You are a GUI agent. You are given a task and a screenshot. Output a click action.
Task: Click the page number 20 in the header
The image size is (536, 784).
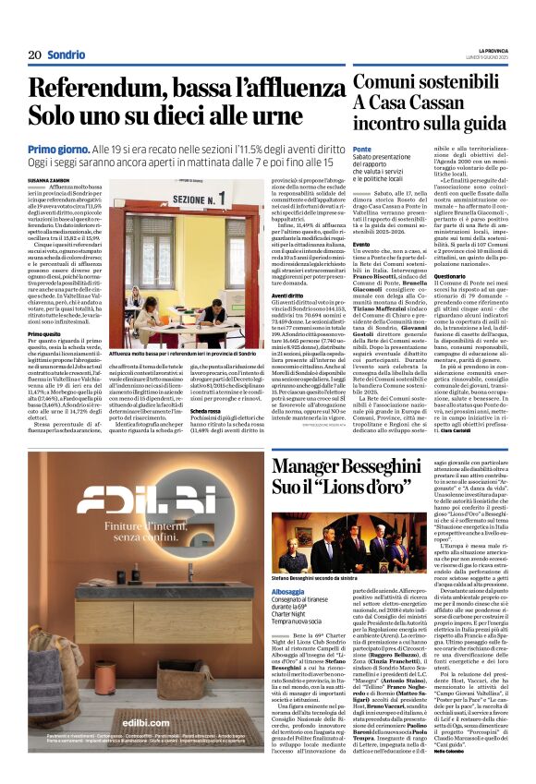(x=35, y=55)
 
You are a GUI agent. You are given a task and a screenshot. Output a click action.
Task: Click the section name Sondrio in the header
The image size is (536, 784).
(x=67, y=55)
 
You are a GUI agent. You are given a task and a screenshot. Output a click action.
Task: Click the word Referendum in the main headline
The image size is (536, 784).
(x=96, y=90)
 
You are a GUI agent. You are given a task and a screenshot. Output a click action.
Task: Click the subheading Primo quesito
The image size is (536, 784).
(x=44, y=333)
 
